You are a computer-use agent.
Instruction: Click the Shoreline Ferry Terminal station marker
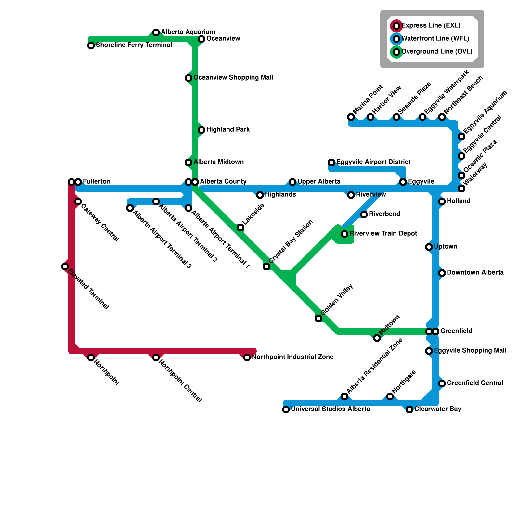click(x=91, y=45)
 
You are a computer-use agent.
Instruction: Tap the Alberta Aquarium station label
click(x=188, y=32)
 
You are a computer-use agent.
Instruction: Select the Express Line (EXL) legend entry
click(x=431, y=26)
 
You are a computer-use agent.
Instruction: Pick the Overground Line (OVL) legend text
click(x=437, y=52)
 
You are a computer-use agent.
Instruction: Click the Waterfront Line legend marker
click(x=396, y=39)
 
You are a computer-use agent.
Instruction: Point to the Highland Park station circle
click(x=201, y=130)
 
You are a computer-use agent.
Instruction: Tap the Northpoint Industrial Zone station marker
click(x=247, y=357)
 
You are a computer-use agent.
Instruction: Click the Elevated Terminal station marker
click(x=65, y=266)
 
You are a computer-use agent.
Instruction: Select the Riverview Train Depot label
click(x=383, y=234)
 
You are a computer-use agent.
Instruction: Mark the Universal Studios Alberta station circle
click(x=286, y=409)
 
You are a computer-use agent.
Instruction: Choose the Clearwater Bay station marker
click(x=409, y=409)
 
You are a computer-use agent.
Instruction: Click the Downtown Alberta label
click(x=475, y=273)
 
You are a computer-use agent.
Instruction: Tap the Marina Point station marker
click(x=351, y=117)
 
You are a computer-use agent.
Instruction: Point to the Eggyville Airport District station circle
click(x=331, y=162)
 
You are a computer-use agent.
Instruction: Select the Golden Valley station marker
click(x=318, y=318)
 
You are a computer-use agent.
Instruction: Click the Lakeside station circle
click(x=240, y=227)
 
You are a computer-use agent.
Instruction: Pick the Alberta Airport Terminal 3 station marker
click(x=130, y=208)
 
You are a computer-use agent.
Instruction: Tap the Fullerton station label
click(x=97, y=182)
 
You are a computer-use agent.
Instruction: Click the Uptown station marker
click(x=429, y=247)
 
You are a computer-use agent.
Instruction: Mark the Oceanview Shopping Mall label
click(x=233, y=78)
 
